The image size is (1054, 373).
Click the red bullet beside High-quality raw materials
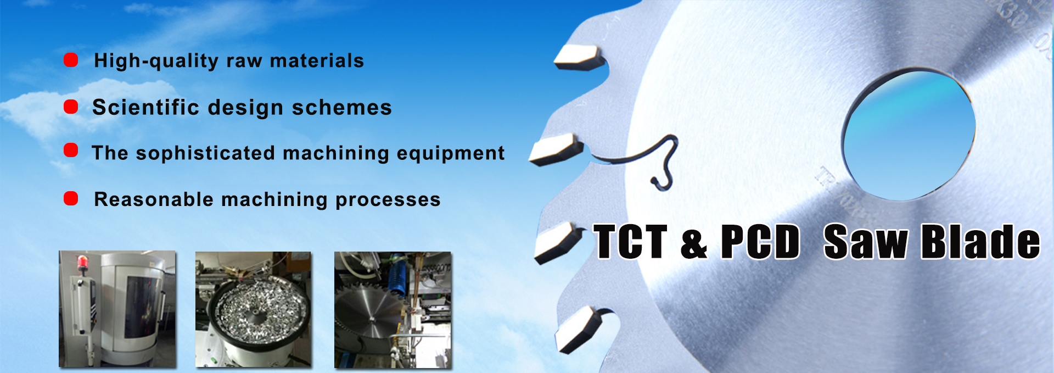tap(71, 59)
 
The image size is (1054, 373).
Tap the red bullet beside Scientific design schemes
tap(71, 106)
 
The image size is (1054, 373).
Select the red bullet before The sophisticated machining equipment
tap(71, 150)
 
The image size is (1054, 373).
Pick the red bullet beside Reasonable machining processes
tap(71, 198)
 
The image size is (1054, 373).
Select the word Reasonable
tap(154, 199)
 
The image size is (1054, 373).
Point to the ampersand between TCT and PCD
tap(694, 244)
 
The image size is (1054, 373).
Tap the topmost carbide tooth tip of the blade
tap(578, 57)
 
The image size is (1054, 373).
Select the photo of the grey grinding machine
tap(117, 309)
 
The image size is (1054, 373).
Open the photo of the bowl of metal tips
tap(253, 309)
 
